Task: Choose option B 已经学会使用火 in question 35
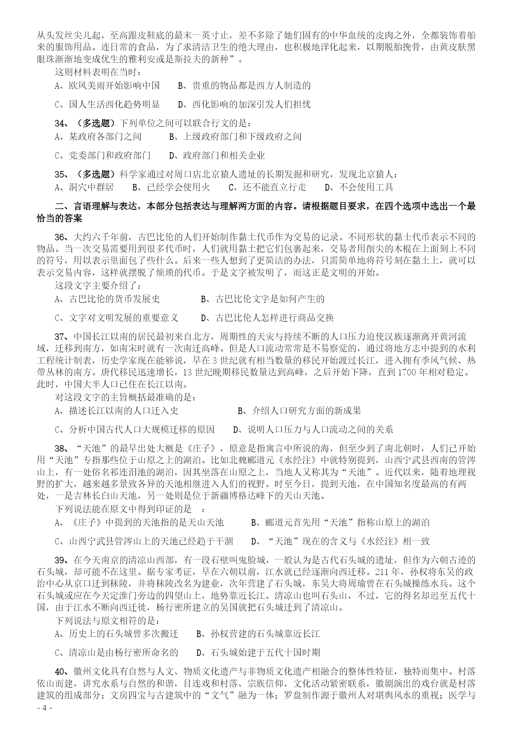(171, 187)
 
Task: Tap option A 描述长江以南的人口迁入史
(117, 411)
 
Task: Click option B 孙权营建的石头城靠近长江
(258, 634)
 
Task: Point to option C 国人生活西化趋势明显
(107, 104)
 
